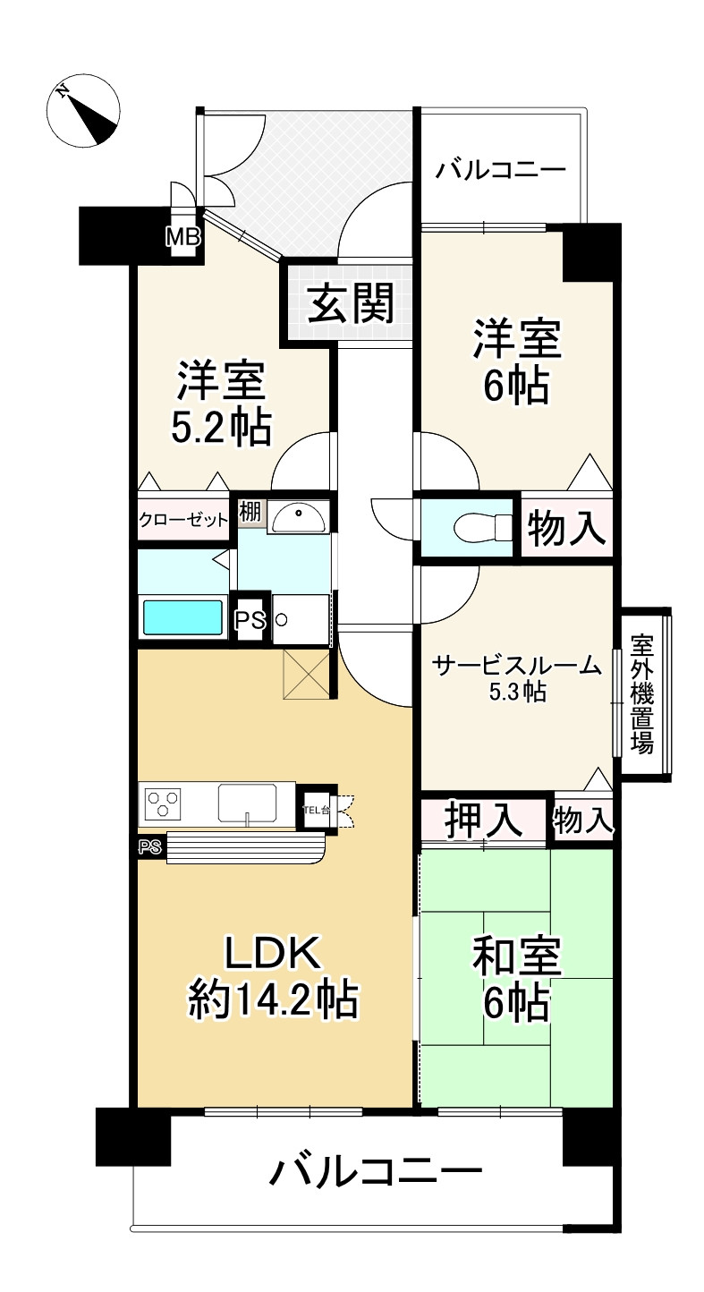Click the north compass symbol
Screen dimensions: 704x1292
83,110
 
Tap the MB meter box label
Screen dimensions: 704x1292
183,236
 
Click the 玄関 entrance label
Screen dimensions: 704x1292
351,302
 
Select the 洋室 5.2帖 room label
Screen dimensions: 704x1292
222,403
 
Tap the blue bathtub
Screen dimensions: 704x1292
182,617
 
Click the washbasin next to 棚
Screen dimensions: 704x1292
299,517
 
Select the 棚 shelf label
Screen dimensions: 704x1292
250,512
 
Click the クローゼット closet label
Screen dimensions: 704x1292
183,521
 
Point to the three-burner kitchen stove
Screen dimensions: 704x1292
165,803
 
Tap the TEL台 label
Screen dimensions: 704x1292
317,810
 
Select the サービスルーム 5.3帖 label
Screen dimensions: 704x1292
517,677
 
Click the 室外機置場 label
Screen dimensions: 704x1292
641,694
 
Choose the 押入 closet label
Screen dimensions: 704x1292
483,820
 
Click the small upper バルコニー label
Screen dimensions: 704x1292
500,170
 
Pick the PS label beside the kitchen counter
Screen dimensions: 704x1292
149,846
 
